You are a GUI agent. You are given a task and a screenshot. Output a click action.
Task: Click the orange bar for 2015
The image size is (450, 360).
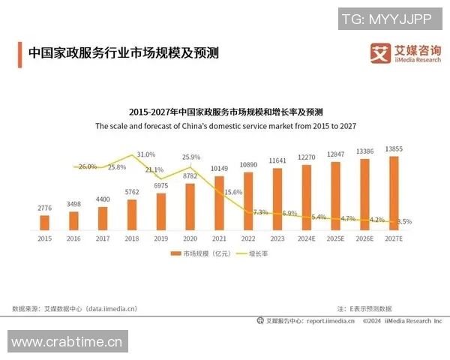[x=44, y=222]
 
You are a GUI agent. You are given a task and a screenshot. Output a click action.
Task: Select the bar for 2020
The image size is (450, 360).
[x=190, y=206]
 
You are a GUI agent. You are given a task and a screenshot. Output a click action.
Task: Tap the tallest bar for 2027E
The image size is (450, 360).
[x=394, y=192]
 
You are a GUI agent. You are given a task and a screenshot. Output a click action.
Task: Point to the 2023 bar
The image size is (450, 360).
[x=277, y=198]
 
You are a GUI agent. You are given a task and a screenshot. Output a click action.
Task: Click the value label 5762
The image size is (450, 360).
[x=132, y=193]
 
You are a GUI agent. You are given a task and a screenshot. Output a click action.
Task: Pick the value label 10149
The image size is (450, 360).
[x=219, y=168]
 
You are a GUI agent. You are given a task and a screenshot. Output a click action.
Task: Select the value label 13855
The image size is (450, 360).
[x=394, y=149]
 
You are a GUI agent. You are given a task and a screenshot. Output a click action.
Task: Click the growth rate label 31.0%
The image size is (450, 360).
[x=146, y=154]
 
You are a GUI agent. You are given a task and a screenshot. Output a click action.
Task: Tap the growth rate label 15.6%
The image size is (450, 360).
[x=233, y=193]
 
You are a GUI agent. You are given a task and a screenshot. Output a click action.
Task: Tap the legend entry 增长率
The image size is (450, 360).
[x=253, y=253]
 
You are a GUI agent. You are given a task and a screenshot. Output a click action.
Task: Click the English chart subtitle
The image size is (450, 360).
[x=225, y=127]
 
